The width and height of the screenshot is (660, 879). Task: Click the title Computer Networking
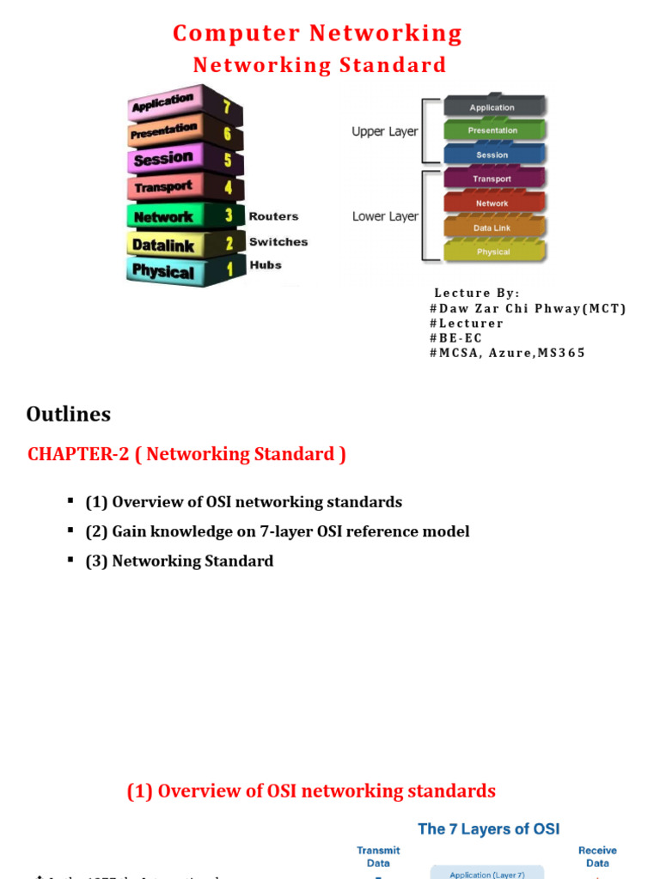click(317, 33)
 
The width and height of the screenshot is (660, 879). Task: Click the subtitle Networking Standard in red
click(319, 65)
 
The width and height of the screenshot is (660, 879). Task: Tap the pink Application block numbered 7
click(181, 105)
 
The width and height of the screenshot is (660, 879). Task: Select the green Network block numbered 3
click(181, 216)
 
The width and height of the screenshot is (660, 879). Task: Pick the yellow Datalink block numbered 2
click(181, 245)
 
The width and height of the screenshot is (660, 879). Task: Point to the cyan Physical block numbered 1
click(181, 271)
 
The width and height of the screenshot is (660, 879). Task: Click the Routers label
click(273, 217)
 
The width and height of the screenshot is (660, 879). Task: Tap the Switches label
click(278, 242)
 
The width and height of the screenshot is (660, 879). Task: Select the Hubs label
click(265, 265)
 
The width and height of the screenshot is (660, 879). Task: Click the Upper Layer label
click(384, 132)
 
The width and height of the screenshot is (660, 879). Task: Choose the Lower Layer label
click(384, 216)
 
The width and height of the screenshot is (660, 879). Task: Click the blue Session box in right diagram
click(492, 155)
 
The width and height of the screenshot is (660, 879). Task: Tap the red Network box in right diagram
click(492, 203)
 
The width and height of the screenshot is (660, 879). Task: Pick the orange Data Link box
click(492, 227)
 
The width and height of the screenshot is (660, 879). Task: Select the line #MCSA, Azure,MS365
click(507, 353)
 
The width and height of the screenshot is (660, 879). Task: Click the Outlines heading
click(69, 415)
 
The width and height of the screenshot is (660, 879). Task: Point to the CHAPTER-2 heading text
click(186, 454)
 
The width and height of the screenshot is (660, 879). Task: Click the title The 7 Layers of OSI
click(488, 828)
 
